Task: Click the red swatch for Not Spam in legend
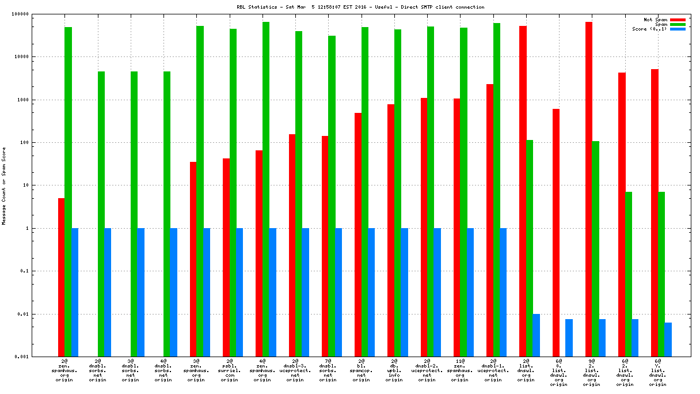point(678,20)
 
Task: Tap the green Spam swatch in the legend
point(678,24)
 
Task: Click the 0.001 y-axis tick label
point(21,357)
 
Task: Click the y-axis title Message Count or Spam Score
point(4,185)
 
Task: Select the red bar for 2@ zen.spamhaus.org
point(61,277)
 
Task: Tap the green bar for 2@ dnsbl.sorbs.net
point(101,214)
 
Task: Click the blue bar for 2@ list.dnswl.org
point(537,335)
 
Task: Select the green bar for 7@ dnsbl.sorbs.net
point(332,196)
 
